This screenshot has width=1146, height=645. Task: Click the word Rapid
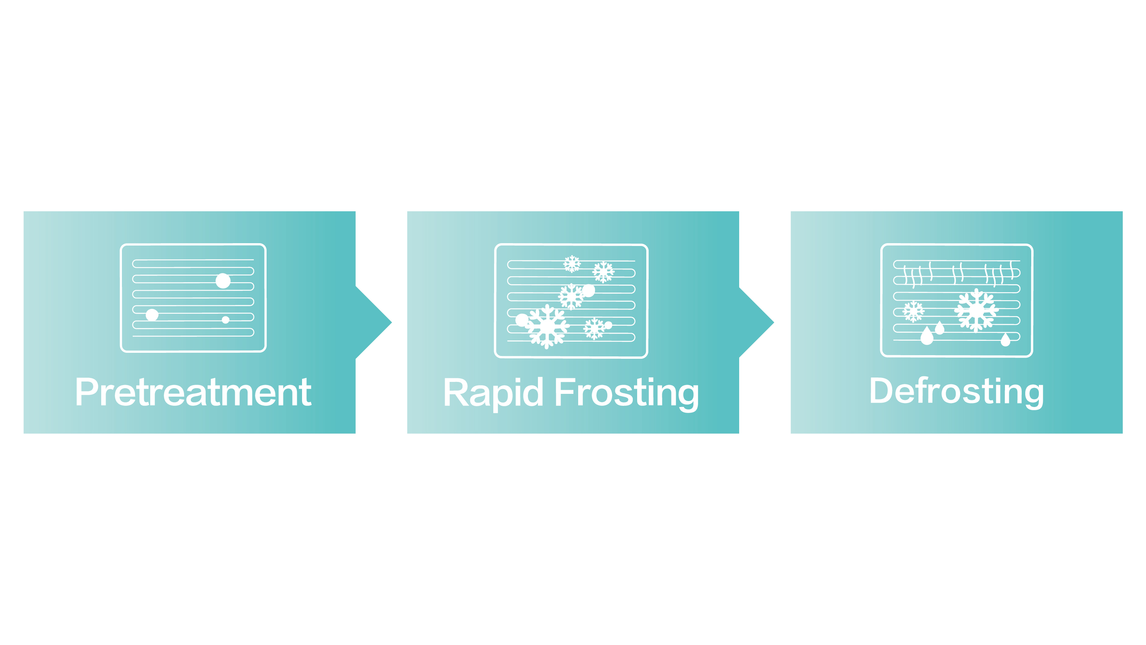493,393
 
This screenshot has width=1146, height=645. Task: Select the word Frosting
626,394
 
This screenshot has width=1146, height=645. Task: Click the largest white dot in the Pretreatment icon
223,281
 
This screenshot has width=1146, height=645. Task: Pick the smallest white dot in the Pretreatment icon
226,320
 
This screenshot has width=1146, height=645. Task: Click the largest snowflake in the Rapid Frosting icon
547,327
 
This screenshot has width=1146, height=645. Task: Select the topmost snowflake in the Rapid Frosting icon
572,264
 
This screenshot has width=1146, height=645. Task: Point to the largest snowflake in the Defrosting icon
977,310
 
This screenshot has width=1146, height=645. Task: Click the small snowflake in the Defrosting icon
913,312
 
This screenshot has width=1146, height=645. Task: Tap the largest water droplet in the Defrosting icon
927,336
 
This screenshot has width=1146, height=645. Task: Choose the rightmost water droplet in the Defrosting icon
1005,340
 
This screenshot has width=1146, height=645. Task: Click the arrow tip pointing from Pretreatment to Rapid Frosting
391,322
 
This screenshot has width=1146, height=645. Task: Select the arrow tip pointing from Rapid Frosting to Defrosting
774,322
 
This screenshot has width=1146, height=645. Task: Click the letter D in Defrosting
881,390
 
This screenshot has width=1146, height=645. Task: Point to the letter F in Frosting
563,392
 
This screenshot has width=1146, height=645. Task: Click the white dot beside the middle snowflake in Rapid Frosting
588,291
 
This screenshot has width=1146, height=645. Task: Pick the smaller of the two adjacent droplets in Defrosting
940,328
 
